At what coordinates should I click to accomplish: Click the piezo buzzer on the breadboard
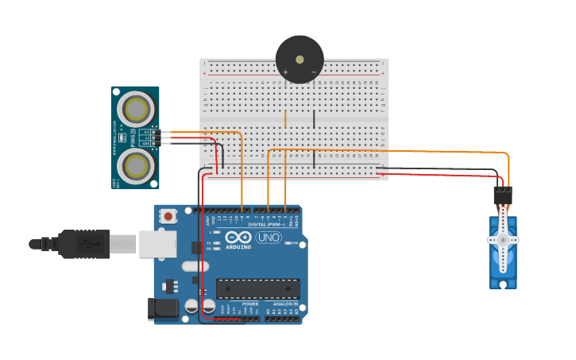pyautogui.click(x=300, y=59)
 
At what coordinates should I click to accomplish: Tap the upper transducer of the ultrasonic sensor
pyautogui.click(x=136, y=108)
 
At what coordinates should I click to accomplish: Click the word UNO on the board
pyautogui.click(x=269, y=238)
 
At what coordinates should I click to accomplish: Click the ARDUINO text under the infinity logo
pyautogui.click(x=238, y=247)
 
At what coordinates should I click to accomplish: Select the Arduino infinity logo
pyautogui.click(x=238, y=237)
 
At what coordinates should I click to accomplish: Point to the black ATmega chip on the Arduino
pyautogui.click(x=258, y=288)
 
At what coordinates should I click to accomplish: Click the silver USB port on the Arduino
pyautogui.click(x=157, y=244)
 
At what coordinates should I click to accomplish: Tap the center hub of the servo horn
pyautogui.click(x=503, y=239)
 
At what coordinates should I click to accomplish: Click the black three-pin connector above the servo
pyautogui.click(x=503, y=195)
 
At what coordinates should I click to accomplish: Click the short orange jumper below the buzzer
pyautogui.click(x=285, y=119)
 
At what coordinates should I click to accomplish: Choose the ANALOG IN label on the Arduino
pyautogui.click(x=286, y=304)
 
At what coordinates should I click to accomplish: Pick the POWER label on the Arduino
pyautogui.click(x=250, y=304)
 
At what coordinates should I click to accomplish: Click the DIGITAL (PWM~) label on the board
pyautogui.click(x=268, y=225)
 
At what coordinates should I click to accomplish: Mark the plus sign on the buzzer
pyautogui.click(x=286, y=72)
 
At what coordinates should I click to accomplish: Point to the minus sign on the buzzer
pyautogui.click(x=314, y=72)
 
